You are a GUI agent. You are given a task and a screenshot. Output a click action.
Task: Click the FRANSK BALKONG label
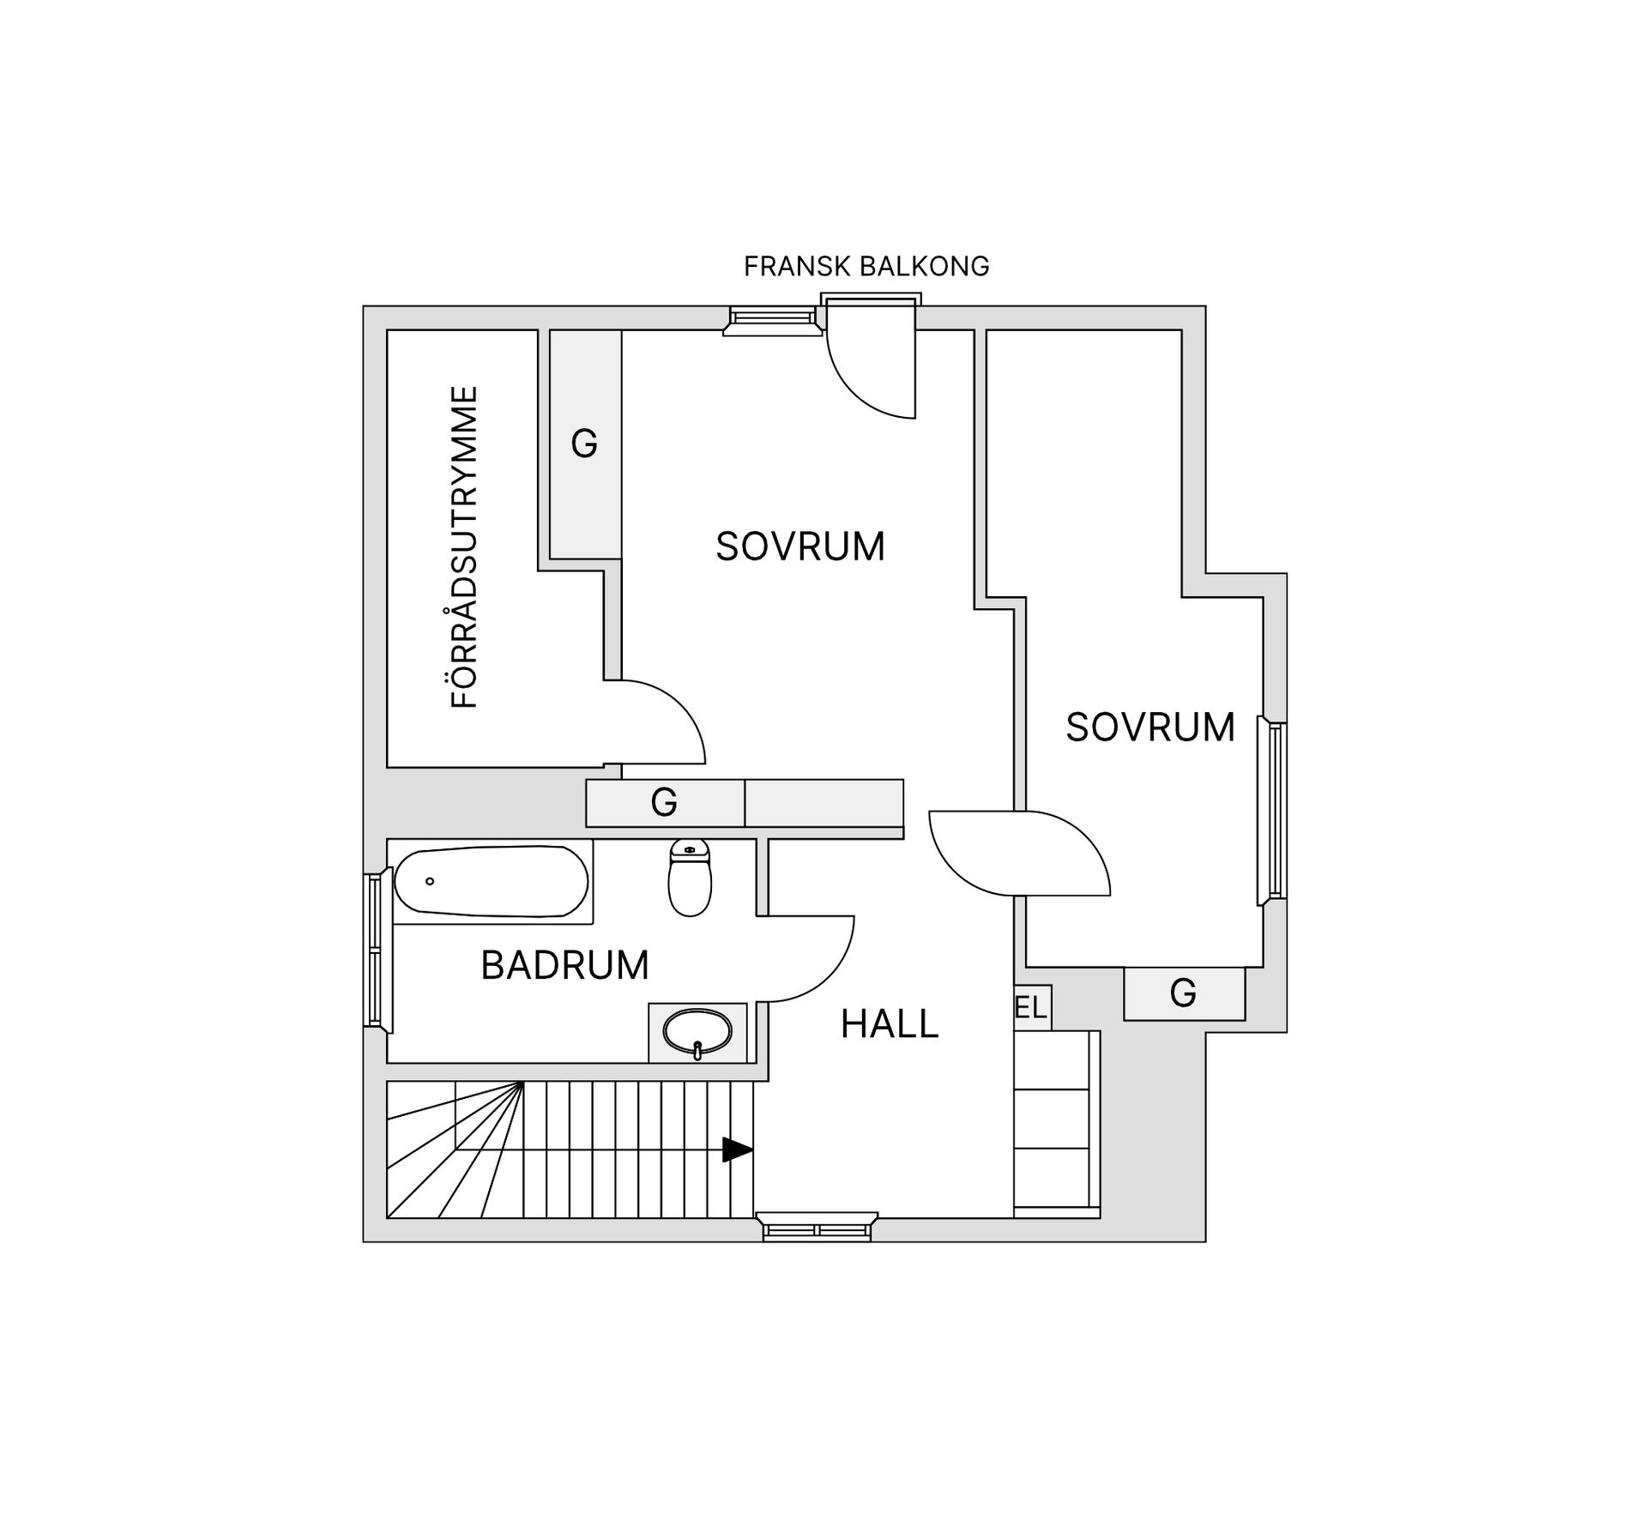pos(866,267)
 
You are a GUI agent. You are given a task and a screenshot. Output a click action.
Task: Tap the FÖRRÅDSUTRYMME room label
pos(464,546)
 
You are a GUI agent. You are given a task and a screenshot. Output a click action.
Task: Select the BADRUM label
pos(564,965)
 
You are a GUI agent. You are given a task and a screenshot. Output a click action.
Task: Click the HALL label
pos(890,1023)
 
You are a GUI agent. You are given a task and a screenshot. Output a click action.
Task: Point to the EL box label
pos(1030,1007)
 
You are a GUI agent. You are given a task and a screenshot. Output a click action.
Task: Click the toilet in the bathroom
pos(690,878)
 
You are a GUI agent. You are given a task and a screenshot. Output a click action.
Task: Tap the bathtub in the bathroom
pos(492,881)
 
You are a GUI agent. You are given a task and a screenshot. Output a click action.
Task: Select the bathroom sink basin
pos(698,1032)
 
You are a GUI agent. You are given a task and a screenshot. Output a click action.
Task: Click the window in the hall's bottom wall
pos(817,1228)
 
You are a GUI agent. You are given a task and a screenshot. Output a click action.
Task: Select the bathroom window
pos(377,950)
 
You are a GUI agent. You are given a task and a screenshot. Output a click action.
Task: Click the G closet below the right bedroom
pos(1184,993)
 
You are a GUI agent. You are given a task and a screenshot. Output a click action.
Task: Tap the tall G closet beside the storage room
pos(585,444)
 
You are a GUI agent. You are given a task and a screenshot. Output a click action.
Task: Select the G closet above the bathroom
pos(665,803)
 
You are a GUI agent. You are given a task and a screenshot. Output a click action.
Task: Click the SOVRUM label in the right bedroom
pos(1150,727)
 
